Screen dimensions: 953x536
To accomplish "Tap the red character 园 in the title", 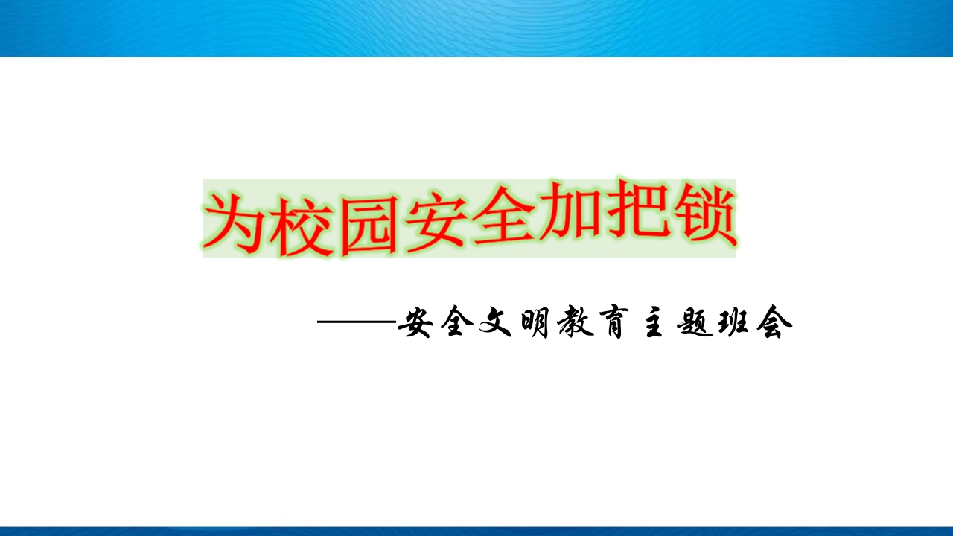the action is click(369, 223).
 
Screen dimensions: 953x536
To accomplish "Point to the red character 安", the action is click(434, 220).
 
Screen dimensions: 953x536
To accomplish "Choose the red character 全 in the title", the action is click(502, 219).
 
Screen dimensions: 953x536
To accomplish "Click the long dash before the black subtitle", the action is click(357, 322).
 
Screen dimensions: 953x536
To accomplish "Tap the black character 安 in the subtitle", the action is click(416, 322).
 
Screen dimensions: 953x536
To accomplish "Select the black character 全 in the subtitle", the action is click(456, 322).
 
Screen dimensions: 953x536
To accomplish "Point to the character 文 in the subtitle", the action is click(496, 322).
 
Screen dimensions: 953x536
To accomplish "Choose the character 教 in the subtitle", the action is click(576, 322).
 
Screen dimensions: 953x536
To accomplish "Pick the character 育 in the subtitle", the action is click(613, 322).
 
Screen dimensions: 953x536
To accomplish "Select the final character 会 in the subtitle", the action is click(775, 322).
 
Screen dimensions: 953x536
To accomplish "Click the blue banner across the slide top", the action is click(476, 28).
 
